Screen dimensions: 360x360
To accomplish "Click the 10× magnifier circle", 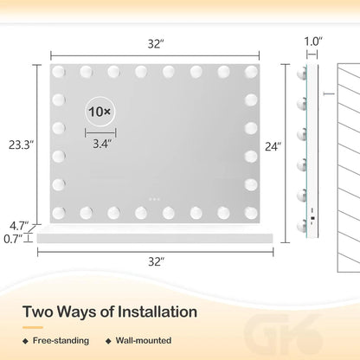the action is tap(100, 112).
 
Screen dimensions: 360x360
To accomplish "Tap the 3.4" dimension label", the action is tap(102, 144).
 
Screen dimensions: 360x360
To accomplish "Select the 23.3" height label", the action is tap(21, 145).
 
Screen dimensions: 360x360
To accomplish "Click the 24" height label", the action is tap(273, 146).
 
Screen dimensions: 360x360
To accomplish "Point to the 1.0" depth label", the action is tap(313, 42).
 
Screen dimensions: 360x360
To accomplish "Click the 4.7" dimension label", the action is tap(19, 226).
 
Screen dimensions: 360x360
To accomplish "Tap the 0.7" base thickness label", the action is tap(13, 239).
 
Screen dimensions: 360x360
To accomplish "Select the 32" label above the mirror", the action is tap(156, 44).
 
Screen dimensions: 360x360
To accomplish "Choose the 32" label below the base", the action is tap(157, 261).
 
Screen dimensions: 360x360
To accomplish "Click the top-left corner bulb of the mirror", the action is tap(59, 72).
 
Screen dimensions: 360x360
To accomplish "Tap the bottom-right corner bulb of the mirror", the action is tap(251, 213).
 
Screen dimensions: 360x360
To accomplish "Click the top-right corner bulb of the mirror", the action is tap(251, 72).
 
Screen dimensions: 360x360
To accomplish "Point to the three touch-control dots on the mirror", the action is tap(154, 199).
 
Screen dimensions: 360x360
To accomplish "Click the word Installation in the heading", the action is tap(157, 312).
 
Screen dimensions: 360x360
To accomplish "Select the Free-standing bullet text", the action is tap(61, 341).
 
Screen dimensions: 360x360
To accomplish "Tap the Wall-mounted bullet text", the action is tap(144, 341).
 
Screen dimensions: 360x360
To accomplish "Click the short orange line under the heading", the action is tap(33, 327).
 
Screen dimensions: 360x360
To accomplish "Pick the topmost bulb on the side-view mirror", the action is tap(302, 74).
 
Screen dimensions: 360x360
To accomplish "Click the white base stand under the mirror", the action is tap(155, 238).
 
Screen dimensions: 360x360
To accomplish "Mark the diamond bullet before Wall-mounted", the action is tap(108, 341).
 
